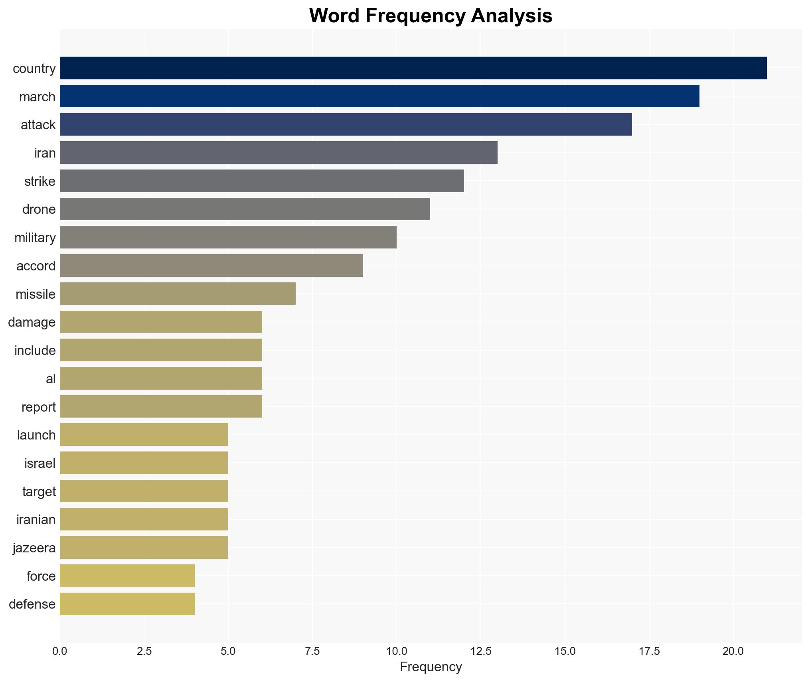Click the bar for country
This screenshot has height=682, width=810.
tap(413, 68)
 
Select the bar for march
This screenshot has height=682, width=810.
tap(379, 96)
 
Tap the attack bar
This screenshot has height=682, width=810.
tap(346, 124)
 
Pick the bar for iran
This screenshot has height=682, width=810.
tap(279, 153)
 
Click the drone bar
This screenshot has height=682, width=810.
tap(245, 209)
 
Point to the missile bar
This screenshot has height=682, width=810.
tap(178, 294)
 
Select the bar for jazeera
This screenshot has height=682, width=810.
tap(144, 547)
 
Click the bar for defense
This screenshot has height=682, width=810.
tap(127, 604)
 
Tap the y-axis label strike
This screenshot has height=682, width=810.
tap(40, 181)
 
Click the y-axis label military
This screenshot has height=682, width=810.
tap(35, 238)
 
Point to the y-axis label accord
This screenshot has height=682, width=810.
tap(36, 266)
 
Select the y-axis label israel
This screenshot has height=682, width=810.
tap(40, 463)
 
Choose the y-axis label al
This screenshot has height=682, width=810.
tap(51, 379)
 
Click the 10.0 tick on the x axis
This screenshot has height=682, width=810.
tap(396, 651)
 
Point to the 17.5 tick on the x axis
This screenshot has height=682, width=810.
tap(649, 651)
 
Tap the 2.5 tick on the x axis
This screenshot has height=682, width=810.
tap(144, 651)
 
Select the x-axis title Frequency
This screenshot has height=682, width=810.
tap(431, 667)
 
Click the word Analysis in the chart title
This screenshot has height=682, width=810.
tap(512, 16)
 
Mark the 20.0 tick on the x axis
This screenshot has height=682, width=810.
tap(733, 651)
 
